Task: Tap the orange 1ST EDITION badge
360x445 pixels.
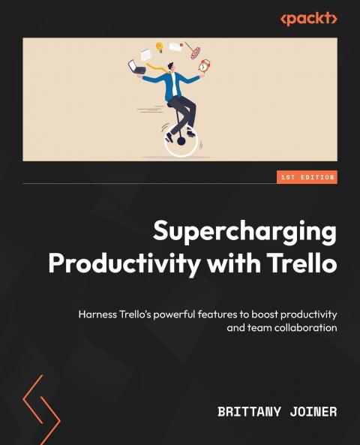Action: point(307,178)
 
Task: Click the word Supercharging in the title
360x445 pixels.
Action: point(245,232)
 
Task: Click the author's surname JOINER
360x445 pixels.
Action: point(315,412)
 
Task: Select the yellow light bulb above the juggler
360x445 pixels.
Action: point(159,47)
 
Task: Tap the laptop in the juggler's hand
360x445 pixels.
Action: point(137,68)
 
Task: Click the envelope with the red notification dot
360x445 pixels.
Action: point(176,47)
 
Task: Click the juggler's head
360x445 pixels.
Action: point(172,67)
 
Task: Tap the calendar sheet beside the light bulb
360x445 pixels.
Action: point(145,54)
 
